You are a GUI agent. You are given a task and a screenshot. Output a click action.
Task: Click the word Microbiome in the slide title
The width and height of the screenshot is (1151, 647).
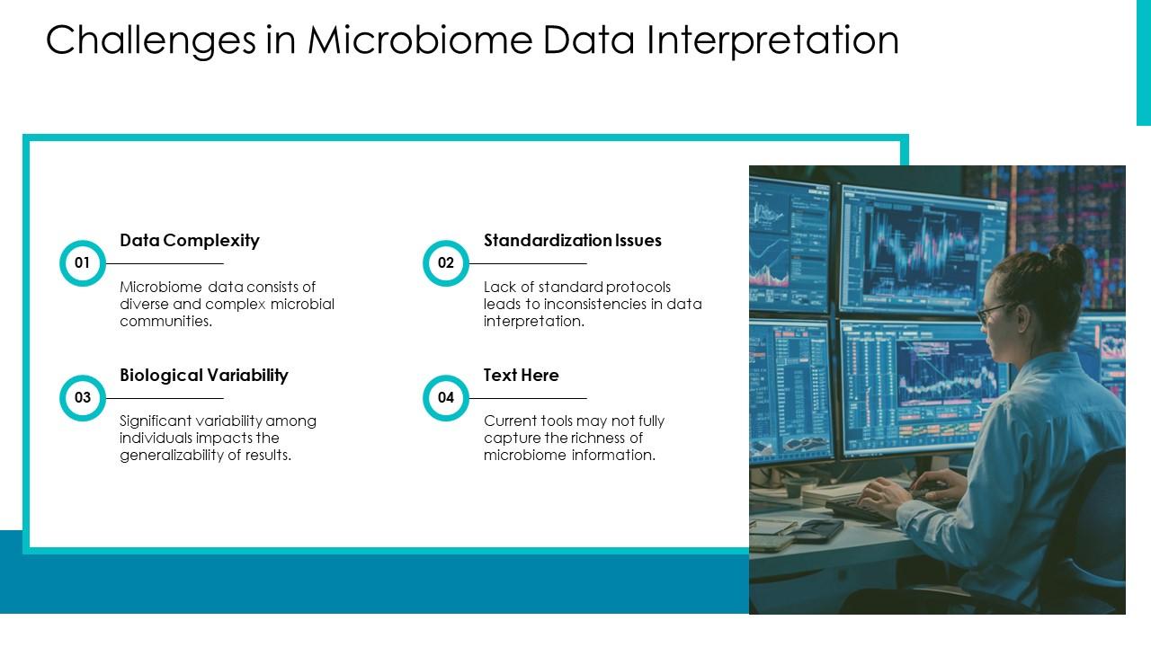pyautogui.click(x=420, y=40)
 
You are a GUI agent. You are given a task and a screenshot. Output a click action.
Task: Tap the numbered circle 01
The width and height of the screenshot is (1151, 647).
pyautogui.click(x=82, y=263)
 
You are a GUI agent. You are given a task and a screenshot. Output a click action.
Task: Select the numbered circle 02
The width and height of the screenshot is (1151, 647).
pyautogui.click(x=445, y=263)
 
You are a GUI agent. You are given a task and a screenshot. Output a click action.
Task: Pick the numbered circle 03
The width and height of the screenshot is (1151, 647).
pyautogui.click(x=82, y=398)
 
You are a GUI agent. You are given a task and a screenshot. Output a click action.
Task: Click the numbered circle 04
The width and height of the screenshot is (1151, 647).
pyautogui.click(x=445, y=398)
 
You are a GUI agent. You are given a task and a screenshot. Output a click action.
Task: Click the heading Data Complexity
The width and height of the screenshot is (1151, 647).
pyautogui.click(x=190, y=241)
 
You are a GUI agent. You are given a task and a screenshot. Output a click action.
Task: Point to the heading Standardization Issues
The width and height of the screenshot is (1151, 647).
pyautogui.click(x=573, y=240)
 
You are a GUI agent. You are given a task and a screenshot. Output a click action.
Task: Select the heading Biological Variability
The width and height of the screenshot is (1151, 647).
pyautogui.click(x=204, y=376)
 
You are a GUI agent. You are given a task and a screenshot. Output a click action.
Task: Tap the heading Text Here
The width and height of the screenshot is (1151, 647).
pyautogui.click(x=521, y=376)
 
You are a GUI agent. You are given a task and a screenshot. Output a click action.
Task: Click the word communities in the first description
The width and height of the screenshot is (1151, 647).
pyautogui.click(x=166, y=322)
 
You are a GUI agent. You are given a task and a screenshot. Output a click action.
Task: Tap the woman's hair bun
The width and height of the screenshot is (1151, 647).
pyautogui.click(x=1070, y=261)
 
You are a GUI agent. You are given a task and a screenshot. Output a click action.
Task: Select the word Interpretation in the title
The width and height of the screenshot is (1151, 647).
pyautogui.click(x=772, y=40)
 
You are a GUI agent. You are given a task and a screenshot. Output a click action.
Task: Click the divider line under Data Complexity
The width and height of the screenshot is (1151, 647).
pyautogui.click(x=165, y=263)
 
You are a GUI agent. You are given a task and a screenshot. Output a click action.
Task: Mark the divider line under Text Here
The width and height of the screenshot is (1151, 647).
pyautogui.click(x=528, y=398)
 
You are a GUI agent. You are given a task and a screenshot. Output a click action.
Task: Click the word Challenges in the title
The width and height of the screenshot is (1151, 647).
pyautogui.click(x=150, y=40)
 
